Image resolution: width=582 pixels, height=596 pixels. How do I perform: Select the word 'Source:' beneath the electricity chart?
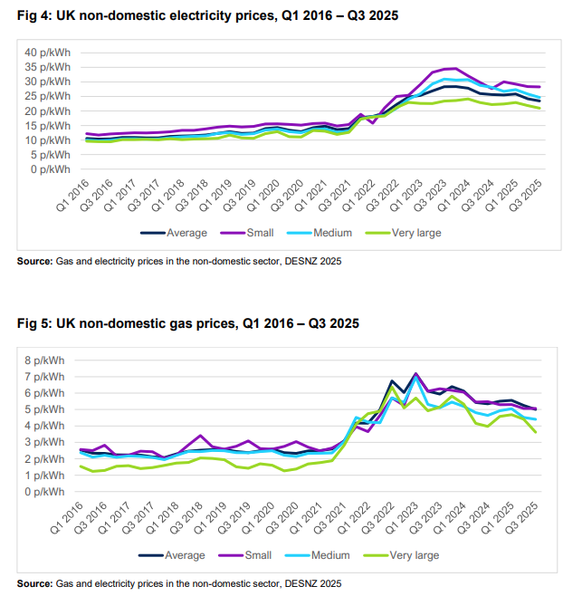click(34, 262)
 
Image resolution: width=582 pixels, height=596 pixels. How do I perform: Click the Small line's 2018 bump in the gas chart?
click(201, 436)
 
